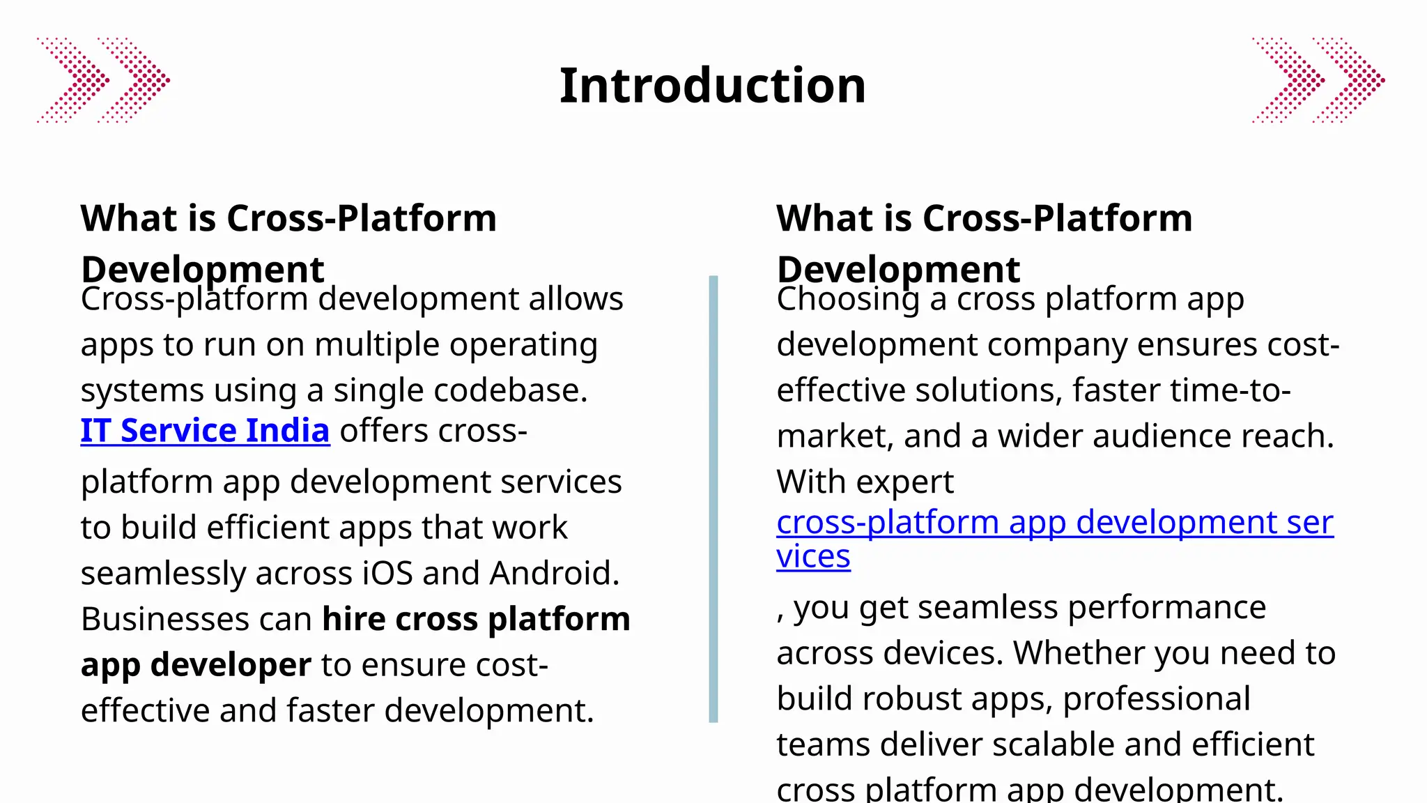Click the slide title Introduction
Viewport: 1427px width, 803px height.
tap(712, 86)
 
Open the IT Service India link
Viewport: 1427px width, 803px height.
tap(205, 431)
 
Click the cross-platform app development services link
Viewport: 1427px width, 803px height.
tap(1054, 523)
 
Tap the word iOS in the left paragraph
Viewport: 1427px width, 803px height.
tap(388, 573)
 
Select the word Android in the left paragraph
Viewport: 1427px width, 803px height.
tap(554, 573)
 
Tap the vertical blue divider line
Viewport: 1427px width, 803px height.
tap(713, 498)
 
